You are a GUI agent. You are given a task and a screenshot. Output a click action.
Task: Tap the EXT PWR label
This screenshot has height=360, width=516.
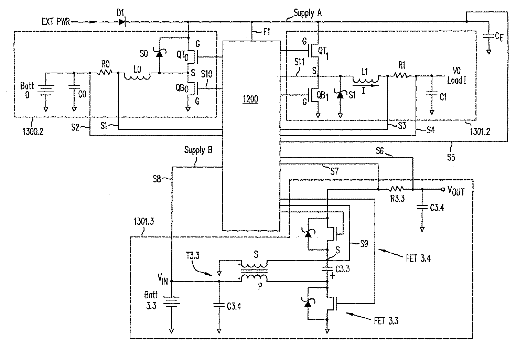55,22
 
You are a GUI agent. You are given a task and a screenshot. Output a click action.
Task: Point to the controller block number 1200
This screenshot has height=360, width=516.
251,100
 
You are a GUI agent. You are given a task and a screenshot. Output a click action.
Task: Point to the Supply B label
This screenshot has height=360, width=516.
198,150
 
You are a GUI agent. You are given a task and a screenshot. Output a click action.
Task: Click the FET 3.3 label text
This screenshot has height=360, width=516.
386,321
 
